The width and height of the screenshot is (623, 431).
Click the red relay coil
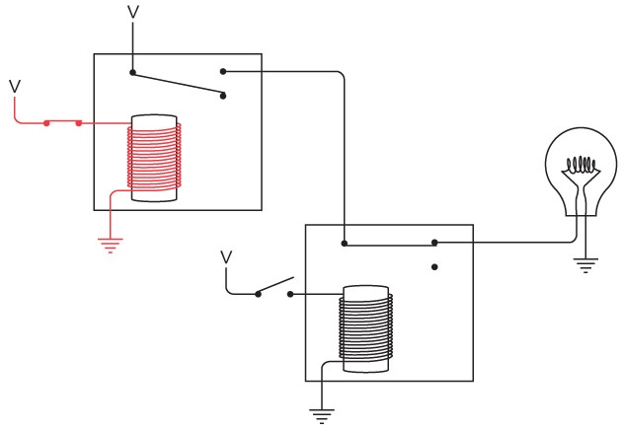[155, 159]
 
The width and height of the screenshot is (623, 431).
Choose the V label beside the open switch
[226, 257]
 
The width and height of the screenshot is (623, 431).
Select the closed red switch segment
[62, 123]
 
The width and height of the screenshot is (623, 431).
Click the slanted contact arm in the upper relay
[178, 84]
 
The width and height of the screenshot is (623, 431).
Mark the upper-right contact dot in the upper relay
[223, 71]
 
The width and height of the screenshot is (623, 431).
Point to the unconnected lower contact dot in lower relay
[434, 266]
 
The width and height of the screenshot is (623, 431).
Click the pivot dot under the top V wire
[133, 72]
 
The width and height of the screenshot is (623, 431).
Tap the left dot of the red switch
[45, 123]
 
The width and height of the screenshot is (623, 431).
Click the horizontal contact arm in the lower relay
[389, 243]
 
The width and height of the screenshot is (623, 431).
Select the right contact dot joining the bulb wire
[434, 243]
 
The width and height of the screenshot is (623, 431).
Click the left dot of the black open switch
[258, 294]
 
